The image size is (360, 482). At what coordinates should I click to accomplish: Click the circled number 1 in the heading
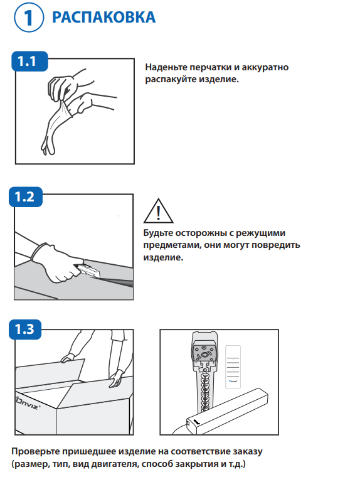[29, 18]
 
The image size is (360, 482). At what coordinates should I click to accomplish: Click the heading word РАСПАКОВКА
[104, 17]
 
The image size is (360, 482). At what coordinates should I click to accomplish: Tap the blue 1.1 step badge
[29, 61]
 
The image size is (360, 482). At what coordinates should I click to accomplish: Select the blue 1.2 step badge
[26, 196]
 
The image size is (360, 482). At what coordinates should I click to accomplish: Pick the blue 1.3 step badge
[25, 329]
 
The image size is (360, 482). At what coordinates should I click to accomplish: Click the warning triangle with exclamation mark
[158, 211]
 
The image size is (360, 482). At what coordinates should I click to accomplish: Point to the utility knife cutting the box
[88, 270]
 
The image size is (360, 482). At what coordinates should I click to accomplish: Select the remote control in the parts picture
[233, 367]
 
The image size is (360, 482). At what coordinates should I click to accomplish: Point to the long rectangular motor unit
[227, 411]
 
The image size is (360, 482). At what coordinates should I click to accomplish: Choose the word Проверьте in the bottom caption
[35, 452]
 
